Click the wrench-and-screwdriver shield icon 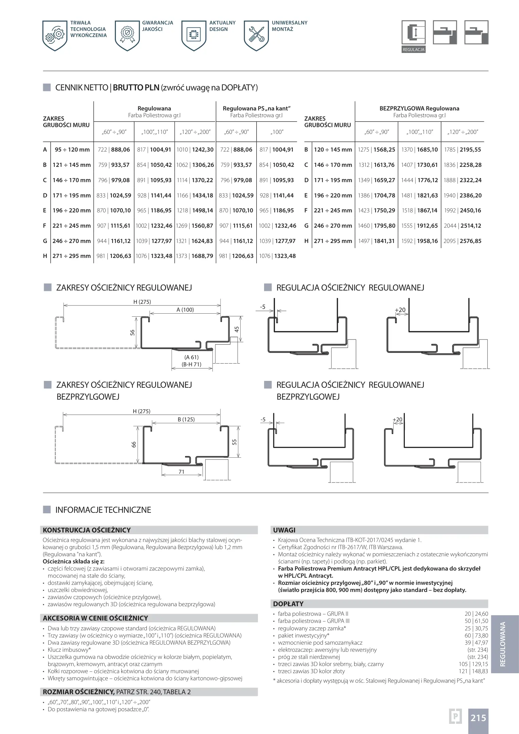click(256, 35)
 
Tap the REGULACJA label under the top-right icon click(413, 50)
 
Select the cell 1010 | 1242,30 click(195, 150)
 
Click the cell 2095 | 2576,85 click(462, 241)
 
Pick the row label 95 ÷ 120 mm click(72, 150)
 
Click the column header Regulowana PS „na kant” click(256, 108)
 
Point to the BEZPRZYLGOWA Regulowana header click(419, 108)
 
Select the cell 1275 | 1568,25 click(376, 150)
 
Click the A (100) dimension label click(185, 310)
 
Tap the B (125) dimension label click(186, 419)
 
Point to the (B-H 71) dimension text click(192, 364)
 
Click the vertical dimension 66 click(134, 444)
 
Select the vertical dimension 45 click(237, 329)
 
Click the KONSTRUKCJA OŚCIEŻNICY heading click(87, 530)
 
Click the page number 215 click(478, 718)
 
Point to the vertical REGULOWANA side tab click(503, 644)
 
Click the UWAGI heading click(284, 530)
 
